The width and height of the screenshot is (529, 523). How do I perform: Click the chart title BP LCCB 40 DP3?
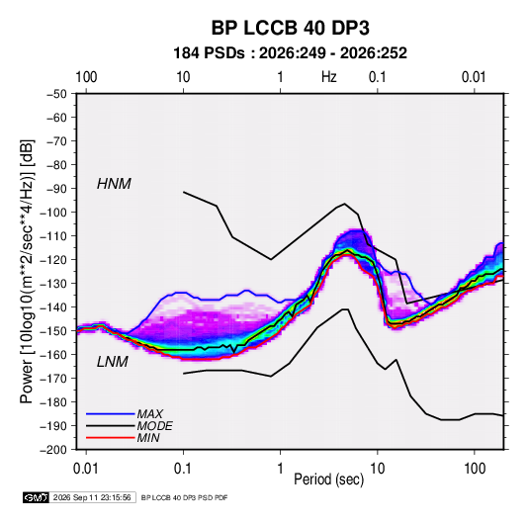[x=290, y=28]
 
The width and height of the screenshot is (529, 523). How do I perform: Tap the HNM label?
[x=114, y=184]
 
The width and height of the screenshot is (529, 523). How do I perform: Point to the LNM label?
[x=113, y=362]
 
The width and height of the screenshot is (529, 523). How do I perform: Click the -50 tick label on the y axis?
[x=56, y=94]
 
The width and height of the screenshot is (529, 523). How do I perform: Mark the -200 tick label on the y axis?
[x=53, y=450]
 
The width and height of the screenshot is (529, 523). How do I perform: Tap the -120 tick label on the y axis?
[x=53, y=260]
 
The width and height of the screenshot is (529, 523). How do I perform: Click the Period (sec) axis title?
[x=329, y=479]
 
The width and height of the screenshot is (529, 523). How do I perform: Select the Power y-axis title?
[x=27, y=272]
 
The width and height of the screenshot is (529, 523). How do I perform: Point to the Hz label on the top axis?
[x=329, y=77]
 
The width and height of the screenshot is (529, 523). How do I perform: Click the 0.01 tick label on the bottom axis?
[x=86, y=469]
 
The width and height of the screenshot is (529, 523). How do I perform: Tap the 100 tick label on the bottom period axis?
[x=475, y=469]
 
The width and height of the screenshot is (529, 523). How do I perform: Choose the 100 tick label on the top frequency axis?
[x=86, y=77]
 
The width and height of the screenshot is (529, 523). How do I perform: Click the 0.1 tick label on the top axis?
[x=377, y=77]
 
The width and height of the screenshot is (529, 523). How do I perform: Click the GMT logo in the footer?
[x=36, y=497]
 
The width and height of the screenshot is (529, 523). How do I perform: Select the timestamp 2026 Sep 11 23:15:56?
[x=92, y=497]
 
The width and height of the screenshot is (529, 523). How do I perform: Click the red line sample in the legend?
[x=111, y=438]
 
